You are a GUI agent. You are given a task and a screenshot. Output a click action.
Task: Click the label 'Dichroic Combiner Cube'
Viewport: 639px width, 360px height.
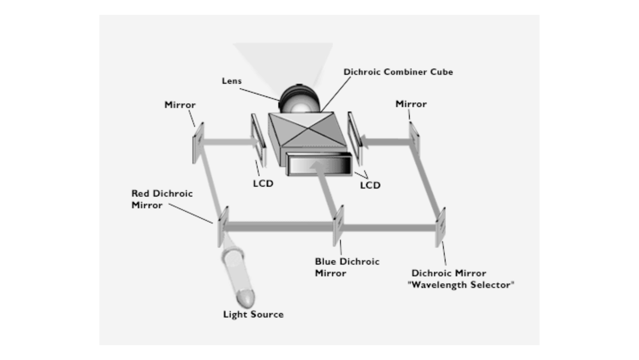pos(398,72)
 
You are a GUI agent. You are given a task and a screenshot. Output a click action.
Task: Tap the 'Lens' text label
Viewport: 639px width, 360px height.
pos(231,81)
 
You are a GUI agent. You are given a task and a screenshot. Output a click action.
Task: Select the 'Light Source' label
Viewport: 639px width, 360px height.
pos(253,314)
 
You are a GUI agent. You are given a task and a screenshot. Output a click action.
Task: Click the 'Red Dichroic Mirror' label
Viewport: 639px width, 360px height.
pos(162,199)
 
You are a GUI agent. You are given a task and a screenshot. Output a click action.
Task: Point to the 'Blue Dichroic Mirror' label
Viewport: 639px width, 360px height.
pos(347,267)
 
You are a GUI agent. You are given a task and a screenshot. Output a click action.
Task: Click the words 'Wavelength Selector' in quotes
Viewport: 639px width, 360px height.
pos(461,285)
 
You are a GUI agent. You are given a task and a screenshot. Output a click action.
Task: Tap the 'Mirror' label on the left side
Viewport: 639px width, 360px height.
pos(180,105)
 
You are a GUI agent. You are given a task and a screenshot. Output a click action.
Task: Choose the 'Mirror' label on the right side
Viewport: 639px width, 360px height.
pos(411,104)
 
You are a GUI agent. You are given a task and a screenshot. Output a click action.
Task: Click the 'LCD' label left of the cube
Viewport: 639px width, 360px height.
pos(263,184)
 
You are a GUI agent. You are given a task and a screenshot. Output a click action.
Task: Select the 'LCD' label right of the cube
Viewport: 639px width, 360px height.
pos(370,185)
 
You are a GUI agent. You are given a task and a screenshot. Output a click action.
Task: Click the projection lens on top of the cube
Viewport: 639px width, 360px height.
pos(299,99)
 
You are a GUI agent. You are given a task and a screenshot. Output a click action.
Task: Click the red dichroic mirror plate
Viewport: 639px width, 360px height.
pos(223,227)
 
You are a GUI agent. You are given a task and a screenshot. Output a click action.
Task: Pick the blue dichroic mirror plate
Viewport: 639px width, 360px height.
pos(338,225)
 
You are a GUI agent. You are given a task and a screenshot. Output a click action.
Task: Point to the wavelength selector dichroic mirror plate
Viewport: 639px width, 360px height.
pos(440,228)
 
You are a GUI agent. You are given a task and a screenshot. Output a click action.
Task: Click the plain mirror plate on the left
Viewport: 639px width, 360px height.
pos(198,143)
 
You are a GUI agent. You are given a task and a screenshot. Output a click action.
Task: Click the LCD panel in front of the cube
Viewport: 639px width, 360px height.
pos(319,164)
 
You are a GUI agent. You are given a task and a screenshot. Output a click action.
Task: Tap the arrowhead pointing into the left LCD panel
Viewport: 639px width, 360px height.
pos(255,141)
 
